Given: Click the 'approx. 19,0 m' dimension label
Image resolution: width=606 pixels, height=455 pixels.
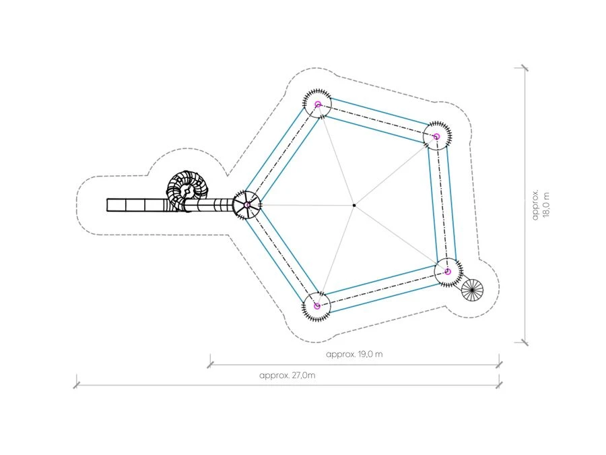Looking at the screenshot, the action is point(354,354).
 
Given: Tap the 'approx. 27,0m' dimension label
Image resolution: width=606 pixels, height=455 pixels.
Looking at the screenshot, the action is point(287,375).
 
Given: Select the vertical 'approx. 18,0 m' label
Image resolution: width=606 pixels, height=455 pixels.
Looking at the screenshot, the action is point(540,204).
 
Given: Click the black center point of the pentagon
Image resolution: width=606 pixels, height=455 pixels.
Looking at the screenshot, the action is point(354,206).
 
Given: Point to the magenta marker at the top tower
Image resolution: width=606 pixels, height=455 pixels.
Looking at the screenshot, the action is point(318,104).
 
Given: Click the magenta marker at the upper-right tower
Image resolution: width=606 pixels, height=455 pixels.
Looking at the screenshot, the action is point(436,137).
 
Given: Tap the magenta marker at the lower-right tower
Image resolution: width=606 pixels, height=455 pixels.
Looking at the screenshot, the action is point(448,272).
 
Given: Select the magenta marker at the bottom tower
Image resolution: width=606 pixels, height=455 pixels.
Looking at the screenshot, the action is point(317,307).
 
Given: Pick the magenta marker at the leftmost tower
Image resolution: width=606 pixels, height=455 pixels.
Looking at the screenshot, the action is point(247,205).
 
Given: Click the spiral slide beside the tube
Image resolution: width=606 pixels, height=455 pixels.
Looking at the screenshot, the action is point(187,189).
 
